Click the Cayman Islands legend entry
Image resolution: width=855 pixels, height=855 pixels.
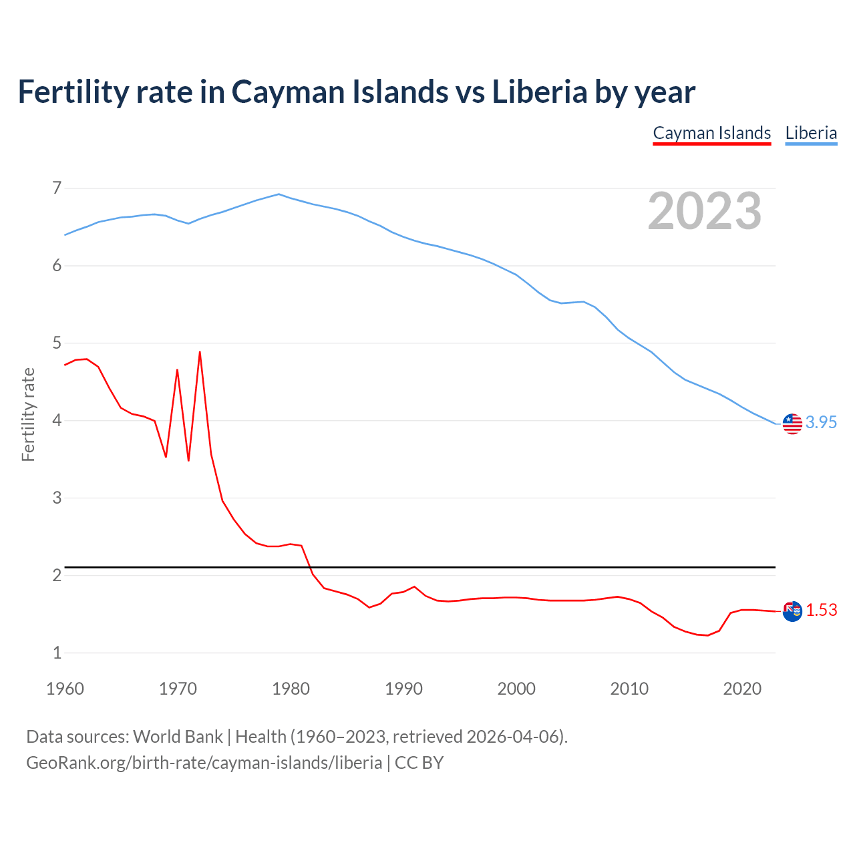(711, 133)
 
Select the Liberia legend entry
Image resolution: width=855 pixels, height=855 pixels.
(811, 133)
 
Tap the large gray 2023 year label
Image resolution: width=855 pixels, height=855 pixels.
(705, 211)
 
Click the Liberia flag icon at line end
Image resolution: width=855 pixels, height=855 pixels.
(792, 423)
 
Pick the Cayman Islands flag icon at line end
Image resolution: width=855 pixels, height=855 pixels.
(792, 611)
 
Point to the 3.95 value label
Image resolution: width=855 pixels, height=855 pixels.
(821, 422)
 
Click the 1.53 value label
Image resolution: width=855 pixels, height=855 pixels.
(821, 610)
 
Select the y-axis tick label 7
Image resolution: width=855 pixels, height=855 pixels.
(57, 188)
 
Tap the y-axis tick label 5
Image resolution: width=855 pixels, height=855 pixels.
(57, 343)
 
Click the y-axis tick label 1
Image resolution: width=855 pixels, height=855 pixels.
(57, 653)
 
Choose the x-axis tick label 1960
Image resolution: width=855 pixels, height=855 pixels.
(65, 689)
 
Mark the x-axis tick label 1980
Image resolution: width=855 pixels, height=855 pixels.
(291, 689)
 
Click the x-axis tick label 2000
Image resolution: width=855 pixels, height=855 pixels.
(516, 689)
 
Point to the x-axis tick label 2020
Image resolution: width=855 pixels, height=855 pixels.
(742, 689)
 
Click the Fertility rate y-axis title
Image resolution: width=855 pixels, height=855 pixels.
(28, 414)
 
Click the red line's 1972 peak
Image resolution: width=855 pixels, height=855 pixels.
(200, 352)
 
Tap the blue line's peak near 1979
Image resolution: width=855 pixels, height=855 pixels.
(279, 194)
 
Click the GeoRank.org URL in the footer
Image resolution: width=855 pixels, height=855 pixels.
(204, 763)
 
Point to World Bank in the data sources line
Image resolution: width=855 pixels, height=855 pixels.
(178, 737)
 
